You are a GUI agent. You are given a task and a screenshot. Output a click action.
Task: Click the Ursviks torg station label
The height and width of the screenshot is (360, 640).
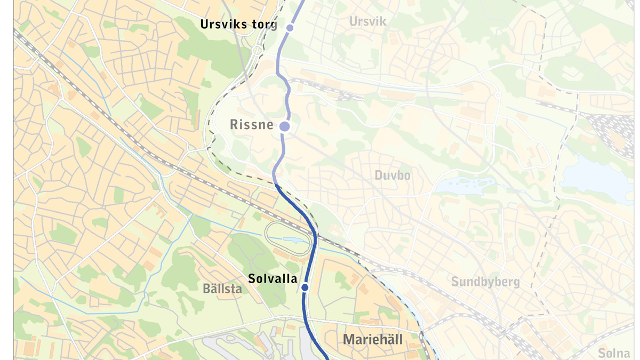tap(238, 25)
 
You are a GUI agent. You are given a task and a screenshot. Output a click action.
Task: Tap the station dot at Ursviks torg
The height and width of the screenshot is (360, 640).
tap(290, 28)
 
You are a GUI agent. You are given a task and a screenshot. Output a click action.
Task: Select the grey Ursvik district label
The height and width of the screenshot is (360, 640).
tap(367, 21)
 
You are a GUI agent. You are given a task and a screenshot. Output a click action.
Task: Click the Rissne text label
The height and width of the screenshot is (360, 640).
tap(251, 125)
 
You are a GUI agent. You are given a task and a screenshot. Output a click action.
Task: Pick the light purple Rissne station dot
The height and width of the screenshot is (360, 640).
tap(285, 126)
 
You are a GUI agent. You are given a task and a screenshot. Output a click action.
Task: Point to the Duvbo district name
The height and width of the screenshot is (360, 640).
tap(393, 175)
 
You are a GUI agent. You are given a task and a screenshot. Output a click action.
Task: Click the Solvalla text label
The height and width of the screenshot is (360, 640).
tap(273, 278)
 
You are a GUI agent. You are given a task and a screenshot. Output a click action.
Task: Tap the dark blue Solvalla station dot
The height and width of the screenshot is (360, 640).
tap(305, 287)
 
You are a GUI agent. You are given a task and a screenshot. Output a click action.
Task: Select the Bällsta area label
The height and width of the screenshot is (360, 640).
tap(222, 289)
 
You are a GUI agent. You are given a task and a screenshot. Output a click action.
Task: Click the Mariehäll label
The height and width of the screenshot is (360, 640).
tap(373, 339)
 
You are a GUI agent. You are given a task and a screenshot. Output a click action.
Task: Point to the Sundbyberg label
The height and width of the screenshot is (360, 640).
tap(485, 282)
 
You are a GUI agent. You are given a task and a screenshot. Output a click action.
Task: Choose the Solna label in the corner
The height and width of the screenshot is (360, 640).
tap(614, 353)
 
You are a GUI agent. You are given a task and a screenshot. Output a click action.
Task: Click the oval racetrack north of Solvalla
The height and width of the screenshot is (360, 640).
tap(288, 239)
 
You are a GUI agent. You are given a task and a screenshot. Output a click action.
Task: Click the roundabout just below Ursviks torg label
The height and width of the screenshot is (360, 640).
tap(257, 51)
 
